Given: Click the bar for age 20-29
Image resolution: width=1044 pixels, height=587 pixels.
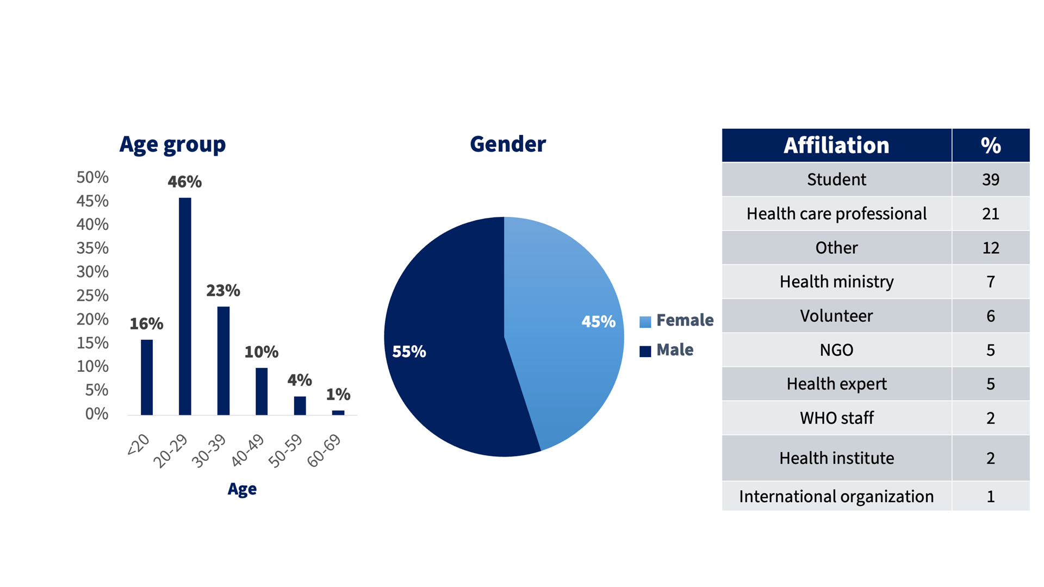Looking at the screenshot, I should pyautogui.click(x=185, y=307).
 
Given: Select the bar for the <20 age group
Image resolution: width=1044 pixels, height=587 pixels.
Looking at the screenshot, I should pyautogui.click(x=147, y=377).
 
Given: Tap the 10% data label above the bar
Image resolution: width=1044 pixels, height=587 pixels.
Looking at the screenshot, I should pyautogui.click(x=261, y=352).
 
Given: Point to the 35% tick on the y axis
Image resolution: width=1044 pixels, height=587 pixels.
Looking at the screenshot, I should pyautogui.click(x=92, y=248).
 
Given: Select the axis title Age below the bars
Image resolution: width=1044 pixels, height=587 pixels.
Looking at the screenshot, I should pyautogui.click(x=242, y=489).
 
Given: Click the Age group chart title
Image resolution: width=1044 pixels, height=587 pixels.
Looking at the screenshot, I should pyautogui.click(x=172, y=144).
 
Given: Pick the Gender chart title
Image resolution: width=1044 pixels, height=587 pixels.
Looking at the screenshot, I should pyautogui.click(x=507, y=144).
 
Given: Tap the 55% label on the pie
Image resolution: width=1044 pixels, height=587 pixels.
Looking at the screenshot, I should pyautogui.click(x=409, y=352).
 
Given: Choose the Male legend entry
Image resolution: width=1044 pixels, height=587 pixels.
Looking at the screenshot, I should pyautogui.click(x=674, y=350).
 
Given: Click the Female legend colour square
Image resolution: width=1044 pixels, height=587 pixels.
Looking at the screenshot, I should pyautogui.click(x=645, y=322).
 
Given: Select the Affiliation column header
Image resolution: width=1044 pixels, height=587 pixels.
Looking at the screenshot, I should pyautogui.click(x=836, y=146).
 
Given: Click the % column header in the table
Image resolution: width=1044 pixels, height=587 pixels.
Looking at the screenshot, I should pyautogui.click(x=990, y=146).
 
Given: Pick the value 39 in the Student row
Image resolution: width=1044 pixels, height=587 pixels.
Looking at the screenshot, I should pyautogui.click(x=990, y=179).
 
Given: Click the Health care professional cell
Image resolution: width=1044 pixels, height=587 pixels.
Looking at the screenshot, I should pyautogui.click(x=836, y=214).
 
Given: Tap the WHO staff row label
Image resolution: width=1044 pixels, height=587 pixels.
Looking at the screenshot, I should pyautogui.click(x=836, y=418).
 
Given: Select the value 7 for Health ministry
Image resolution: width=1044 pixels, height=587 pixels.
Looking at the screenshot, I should pyautogui.click(x=990, y=282).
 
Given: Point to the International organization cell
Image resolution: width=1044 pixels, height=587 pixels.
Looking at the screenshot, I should pyautogui.click(x=836, y=496).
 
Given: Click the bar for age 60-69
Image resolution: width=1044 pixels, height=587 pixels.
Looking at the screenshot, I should pyautogui.click(x=338, y=413).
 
